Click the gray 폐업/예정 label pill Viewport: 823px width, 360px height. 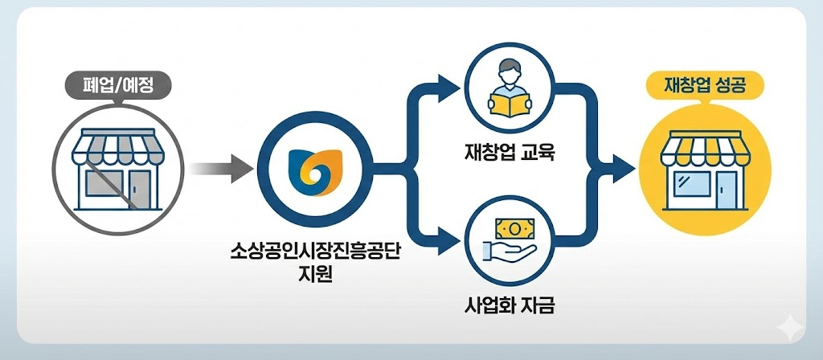click(117, 83)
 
